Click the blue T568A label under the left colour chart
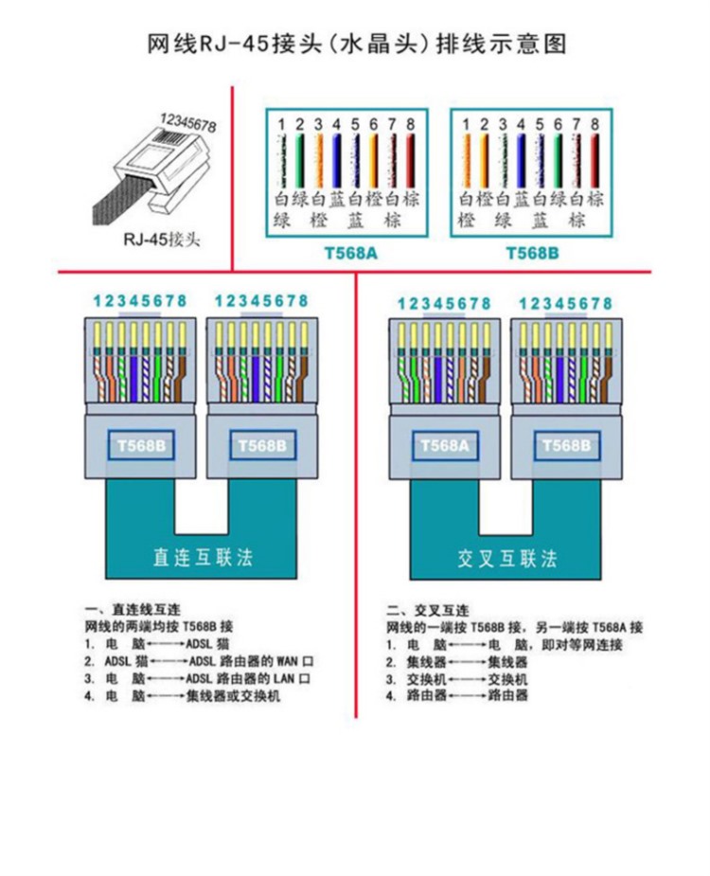pyautogui.click(x=344, y=253)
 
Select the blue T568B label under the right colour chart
pyautogui.click(x=529, y=253)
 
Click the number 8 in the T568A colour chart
pyautogui.click(x=410, y=124)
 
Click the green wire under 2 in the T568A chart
pyautogui.click(x=299, y=161)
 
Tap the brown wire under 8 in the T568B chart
pyautogui.click(x=595, y=161)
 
